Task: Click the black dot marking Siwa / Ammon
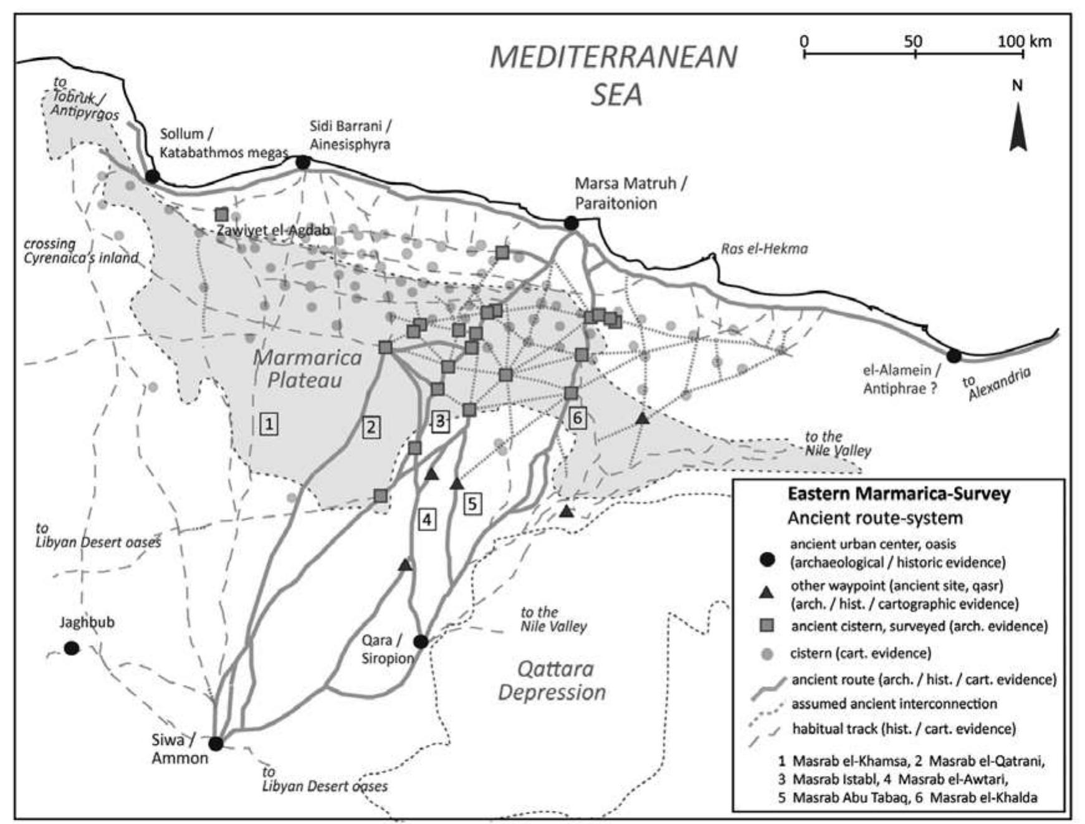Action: (x=216, y=744)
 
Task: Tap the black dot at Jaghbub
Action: (x=72, y=648)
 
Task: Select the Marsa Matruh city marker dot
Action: (x=571, y=223)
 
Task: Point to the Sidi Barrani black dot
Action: (x=303, y=163)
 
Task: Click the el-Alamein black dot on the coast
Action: (x=954, y=356)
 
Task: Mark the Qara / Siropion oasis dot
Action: (x=421, y=641)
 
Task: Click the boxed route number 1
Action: (x=269, y=424)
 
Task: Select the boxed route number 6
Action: (x=578, y=418)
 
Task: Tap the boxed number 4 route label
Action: (x=426, y=519)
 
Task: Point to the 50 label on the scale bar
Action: (x=914, y=41)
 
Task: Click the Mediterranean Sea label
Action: (x=614, y=76)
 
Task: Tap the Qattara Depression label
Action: (x=552, y=681)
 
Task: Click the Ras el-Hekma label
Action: (x=764, y=249)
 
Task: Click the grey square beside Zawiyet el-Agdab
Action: (x=221, y=214)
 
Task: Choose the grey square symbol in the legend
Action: (x=767, y=625)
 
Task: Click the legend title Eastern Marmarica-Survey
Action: (x=899, y=494)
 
